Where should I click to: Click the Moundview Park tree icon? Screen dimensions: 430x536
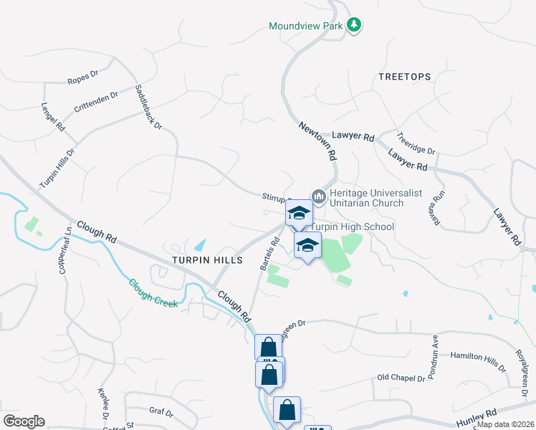[x=353, y=26]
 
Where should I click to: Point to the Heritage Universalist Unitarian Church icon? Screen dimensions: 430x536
[x=319, y=195]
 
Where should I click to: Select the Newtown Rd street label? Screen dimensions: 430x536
[x=318, y=140]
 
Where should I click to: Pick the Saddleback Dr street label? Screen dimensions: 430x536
[x=149, y=107]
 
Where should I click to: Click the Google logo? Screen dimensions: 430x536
[x=24, y=421]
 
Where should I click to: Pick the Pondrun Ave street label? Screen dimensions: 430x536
[x=435, y=349]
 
